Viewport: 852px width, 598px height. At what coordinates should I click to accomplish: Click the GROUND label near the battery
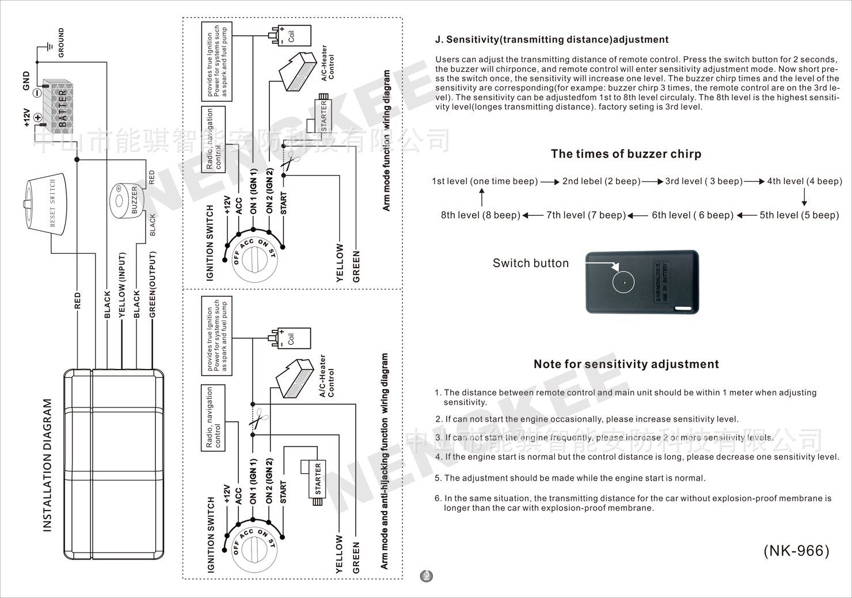tap(61, 43)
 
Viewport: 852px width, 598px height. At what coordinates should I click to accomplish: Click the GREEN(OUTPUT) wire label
tap(153, 284)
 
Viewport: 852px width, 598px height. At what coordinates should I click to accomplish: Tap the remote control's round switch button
tap(622, 281)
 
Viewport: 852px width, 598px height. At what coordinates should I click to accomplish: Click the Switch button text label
tap(530, 263)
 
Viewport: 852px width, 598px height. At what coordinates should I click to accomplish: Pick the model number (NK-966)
tap(796, 551)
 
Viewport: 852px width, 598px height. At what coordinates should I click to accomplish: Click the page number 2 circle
tap(427, 576)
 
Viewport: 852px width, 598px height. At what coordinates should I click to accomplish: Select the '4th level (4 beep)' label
tap(804, 181)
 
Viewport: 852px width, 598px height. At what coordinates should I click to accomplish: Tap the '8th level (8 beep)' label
tap(481, 215)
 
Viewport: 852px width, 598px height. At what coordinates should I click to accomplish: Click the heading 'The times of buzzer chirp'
tap(626, 154)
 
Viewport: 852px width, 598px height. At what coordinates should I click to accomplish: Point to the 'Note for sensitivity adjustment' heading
tap(626, 364)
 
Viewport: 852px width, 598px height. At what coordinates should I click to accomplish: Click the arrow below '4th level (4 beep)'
tap(804, 198)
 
